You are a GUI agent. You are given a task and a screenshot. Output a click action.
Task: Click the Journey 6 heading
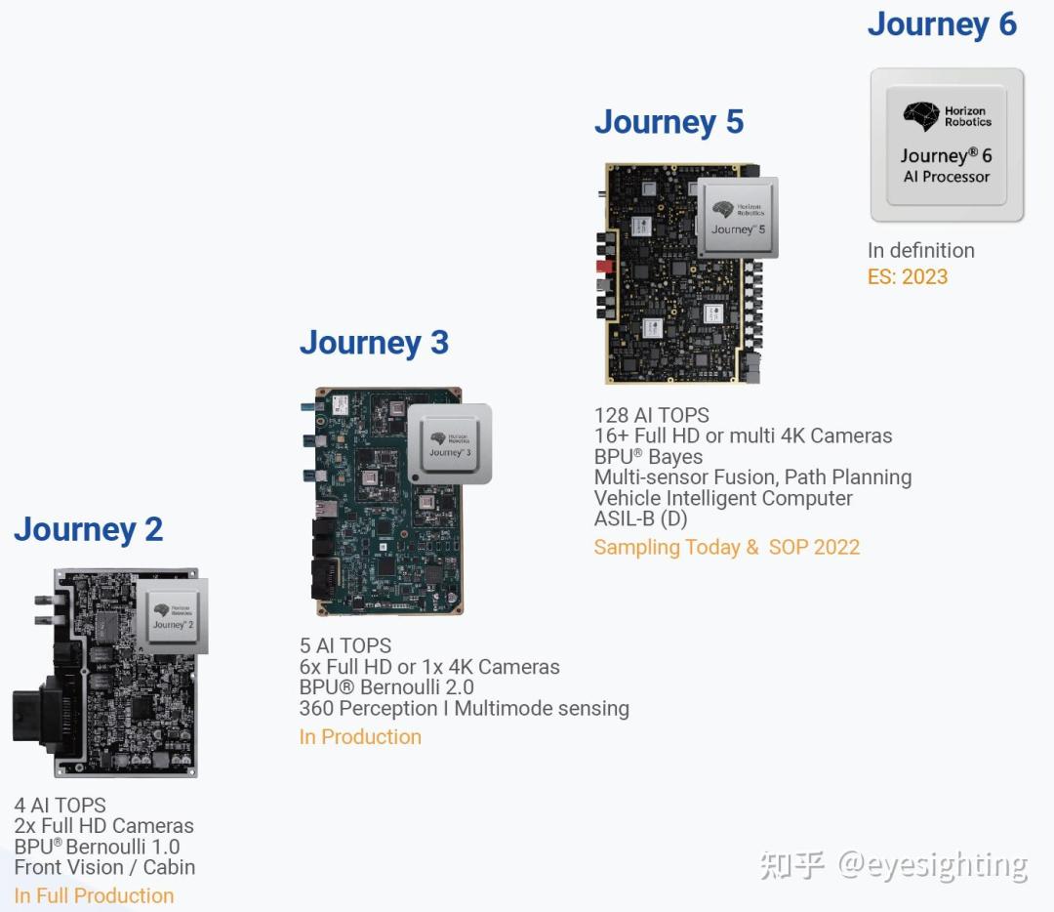click(x=942, y=25)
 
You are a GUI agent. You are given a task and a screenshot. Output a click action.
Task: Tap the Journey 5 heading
click(x=669, y=122)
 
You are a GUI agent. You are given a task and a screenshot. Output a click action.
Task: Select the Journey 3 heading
click(x=374, y=343)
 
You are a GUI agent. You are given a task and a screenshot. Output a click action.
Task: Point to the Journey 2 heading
click(x=88, y=530)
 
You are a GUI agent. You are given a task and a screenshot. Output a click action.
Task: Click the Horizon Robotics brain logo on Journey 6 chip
click(x=921, y=116)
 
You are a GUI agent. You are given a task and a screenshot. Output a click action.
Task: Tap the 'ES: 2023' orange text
click(x=908, y=276)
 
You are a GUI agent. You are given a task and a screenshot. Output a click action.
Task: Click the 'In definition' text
click(x=921, y=250)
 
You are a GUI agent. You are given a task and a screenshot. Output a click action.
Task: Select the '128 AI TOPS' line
click(x=651, y=415)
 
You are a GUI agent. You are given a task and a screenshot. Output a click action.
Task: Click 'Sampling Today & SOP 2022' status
click(x=727, y=547)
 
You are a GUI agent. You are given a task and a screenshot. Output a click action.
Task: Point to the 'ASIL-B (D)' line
click(x=640, y=518)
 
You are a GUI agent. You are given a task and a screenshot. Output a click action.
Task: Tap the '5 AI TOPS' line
click(x=345, y=645)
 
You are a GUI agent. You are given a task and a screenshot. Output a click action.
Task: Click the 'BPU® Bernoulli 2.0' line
click(x=386, y=687)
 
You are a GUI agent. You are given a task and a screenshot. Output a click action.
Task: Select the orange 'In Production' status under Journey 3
click(x=360, y=737)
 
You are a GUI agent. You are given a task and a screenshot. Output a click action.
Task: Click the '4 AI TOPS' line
click(x=60, y=805)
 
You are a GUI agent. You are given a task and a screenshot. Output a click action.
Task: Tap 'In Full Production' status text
click(x=94, y=895)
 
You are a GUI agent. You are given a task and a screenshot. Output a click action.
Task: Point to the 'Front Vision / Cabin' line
click(x=104, y=868)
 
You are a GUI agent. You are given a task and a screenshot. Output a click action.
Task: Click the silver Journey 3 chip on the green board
click(x=450, y=444)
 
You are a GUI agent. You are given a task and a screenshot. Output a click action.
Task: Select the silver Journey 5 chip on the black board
click(x=738, y=218)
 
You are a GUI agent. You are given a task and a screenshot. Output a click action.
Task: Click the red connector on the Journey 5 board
click(x=604, y=267)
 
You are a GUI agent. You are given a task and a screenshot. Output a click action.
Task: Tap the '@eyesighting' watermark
click(x=932, y=865)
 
